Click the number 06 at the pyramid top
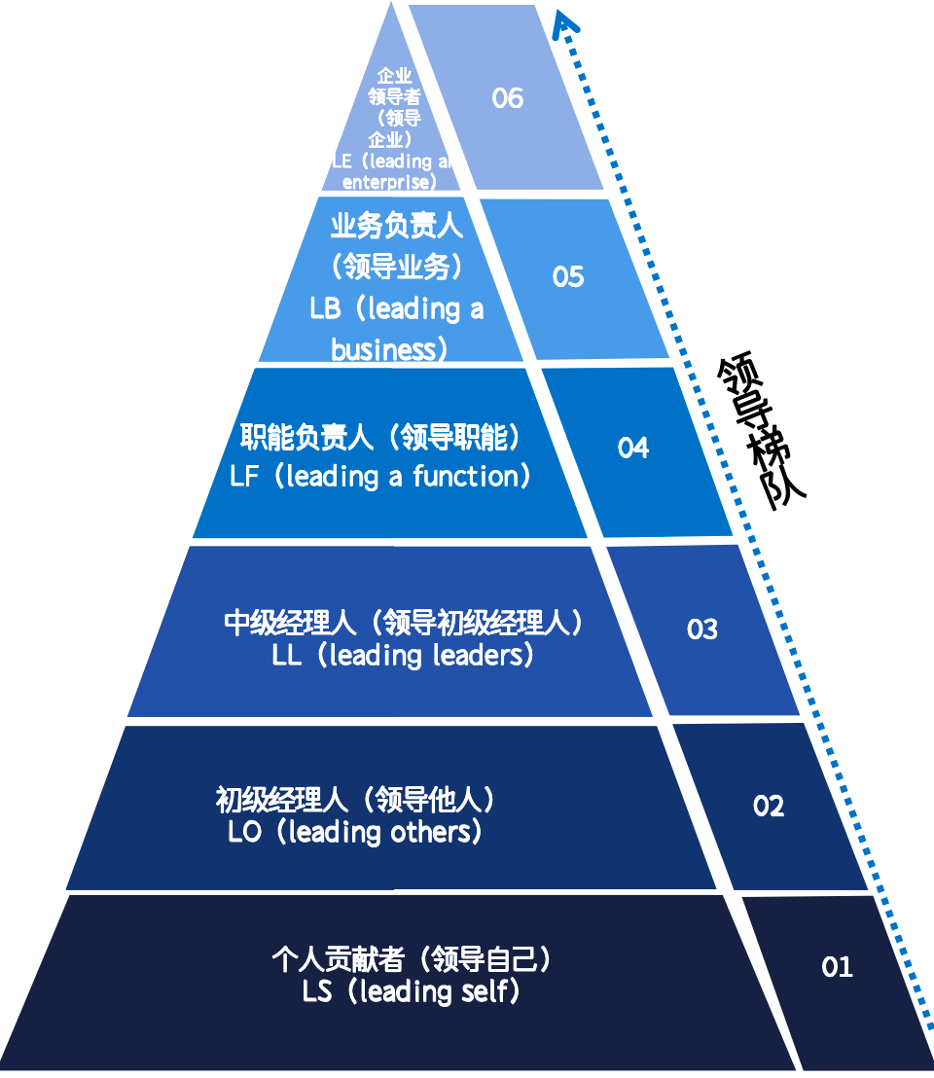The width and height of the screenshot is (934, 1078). click(507, 98)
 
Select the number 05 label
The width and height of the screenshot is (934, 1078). click(568, 277)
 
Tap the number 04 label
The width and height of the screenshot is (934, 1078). click(632, 448)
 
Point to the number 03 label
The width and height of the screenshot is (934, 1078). click(701, 629)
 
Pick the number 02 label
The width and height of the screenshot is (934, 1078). click(768, 806)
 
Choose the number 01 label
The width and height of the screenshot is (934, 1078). click(837, 967)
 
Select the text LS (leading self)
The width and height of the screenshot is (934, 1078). click(412, 992)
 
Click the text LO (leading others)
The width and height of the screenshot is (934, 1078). click(355, 833)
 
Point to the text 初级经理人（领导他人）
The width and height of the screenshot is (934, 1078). click(356, 801)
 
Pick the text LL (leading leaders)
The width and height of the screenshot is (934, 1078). click(404, 656)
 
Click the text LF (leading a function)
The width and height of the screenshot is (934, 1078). click(381, 477)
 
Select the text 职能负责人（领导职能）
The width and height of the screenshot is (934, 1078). click(381, 439)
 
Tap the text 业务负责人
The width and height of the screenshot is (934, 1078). click(396, 227)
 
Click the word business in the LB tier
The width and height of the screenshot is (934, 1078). click(387, 349)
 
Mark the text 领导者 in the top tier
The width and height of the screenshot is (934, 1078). click(395, 96)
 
